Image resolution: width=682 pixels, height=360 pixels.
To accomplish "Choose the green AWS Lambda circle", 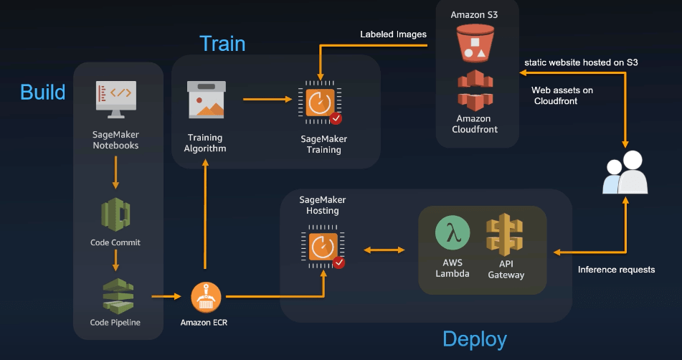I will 453,234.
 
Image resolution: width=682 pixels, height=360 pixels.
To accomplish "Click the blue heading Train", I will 222,43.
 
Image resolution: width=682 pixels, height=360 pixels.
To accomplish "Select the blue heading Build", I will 42,92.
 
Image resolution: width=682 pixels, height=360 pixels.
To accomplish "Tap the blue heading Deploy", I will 474,338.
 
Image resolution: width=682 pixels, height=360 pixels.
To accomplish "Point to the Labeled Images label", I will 393,34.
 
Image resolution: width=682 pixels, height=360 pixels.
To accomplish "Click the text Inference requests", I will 616,270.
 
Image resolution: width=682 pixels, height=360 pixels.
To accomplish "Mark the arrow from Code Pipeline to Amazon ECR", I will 166,295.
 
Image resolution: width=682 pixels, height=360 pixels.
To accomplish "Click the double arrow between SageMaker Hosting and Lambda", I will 384,250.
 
